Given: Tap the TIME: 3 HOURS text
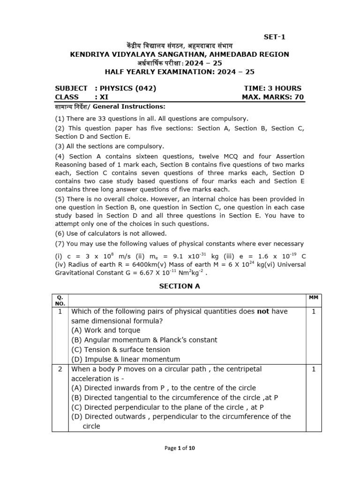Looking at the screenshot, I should click(272, 88).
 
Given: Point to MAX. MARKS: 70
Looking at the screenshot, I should click(272, 97).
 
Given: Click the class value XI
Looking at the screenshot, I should click(102, 97).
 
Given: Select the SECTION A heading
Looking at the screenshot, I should click(180, 286).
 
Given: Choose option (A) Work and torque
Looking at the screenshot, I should click(105, 330).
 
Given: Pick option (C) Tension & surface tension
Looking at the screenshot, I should click(120, 349).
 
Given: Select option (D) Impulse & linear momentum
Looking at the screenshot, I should click(126, 359).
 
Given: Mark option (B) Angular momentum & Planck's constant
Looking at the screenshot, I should click(144, 340).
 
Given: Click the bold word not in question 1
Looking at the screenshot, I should click(263, 311).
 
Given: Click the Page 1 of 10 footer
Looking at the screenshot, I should click(180, 448).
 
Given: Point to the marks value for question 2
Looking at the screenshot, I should click(314, 369).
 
